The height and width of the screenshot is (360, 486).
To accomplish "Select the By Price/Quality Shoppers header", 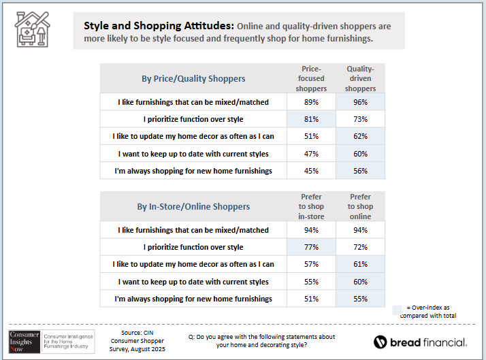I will pyautogui.click(x=193, y=79).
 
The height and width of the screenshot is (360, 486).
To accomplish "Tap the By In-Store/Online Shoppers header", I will pyautogui.click(x=193, y=206).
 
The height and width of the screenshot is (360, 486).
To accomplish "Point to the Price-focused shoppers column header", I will pyautogui.click(x=311, y=79).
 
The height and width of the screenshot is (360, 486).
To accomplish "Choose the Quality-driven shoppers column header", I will pyautogui.click(x=360, y=79).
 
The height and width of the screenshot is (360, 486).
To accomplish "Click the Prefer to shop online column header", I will pyautogui.click(x=360, y=206).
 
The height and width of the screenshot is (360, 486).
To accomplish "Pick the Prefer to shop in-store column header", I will pyautogui.click(x=311, y=206).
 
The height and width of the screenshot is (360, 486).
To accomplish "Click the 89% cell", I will pyautogui.click(x=311, y=102).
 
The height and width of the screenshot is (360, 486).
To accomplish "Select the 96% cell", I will pyautogui.click(x=360, y=102).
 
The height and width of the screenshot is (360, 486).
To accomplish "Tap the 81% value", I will pyautogui.click(x=311, y=119).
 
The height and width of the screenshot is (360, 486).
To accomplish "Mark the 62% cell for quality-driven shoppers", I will pyautogui.click(x=360, y=136).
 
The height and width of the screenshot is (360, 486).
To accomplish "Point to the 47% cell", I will pyautogui.click(x=311, y=153).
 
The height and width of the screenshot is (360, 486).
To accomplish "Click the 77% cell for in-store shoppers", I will pyautogui.click(x=311, y=247).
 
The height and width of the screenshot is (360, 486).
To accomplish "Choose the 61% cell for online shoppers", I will pyautogui.click(x=360, y=264).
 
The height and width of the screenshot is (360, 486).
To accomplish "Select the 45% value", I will pyautogui.click(x=311, y=171).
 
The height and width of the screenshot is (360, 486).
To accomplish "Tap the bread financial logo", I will pyautogui.click(x=420, y=342).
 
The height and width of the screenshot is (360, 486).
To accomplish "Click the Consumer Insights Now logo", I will pyautogui.click(x=24, y=342).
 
